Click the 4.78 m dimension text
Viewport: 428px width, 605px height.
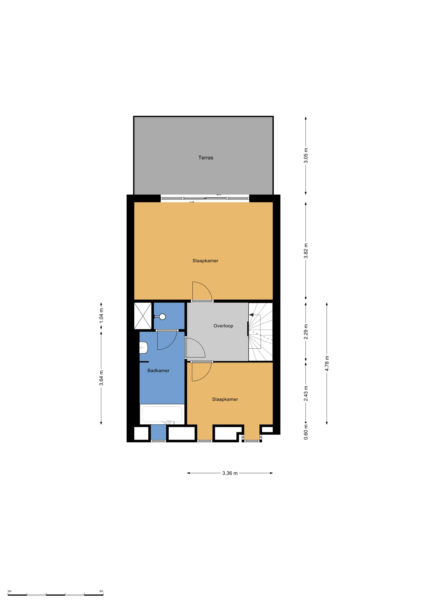pos(327,364)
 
